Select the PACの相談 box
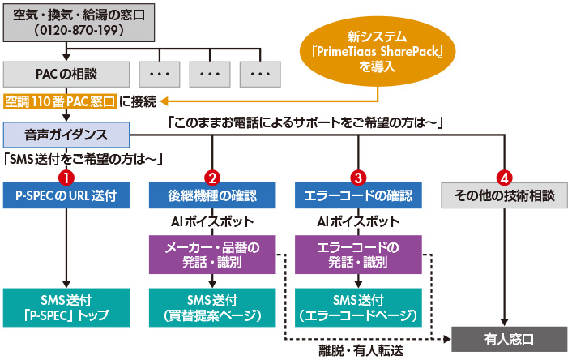66,74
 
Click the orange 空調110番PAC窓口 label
59,101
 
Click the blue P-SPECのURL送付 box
66,195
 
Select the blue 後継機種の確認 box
212,195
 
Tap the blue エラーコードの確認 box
357,195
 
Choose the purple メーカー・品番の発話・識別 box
212,254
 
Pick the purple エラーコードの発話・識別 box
357,254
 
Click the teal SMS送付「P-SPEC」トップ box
66,307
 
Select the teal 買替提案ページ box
212,307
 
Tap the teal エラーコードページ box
357,307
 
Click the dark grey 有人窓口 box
506,338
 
